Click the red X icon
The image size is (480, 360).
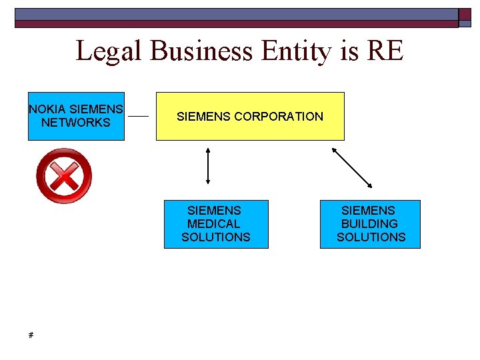(x=63, y=176)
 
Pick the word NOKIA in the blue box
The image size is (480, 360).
(x=47, y=109)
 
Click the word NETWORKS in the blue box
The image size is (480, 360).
(x=76, y=123)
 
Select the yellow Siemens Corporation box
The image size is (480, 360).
(x=250, y=116)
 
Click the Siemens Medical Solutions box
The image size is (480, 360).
(x=216, y=224)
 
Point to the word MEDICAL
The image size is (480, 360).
(x=214, y=224)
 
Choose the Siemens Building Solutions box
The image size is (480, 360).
(x=370, y=224)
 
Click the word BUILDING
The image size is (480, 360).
(x=369, y=224)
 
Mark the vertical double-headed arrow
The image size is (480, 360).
(x=209, y=165)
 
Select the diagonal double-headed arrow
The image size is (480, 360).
(x=352, y=167)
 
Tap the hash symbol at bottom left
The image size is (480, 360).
(x=31, y=335)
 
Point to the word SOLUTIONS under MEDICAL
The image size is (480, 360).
(x=216, y=237)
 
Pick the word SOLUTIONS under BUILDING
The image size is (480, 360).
(x=371, y=237)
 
